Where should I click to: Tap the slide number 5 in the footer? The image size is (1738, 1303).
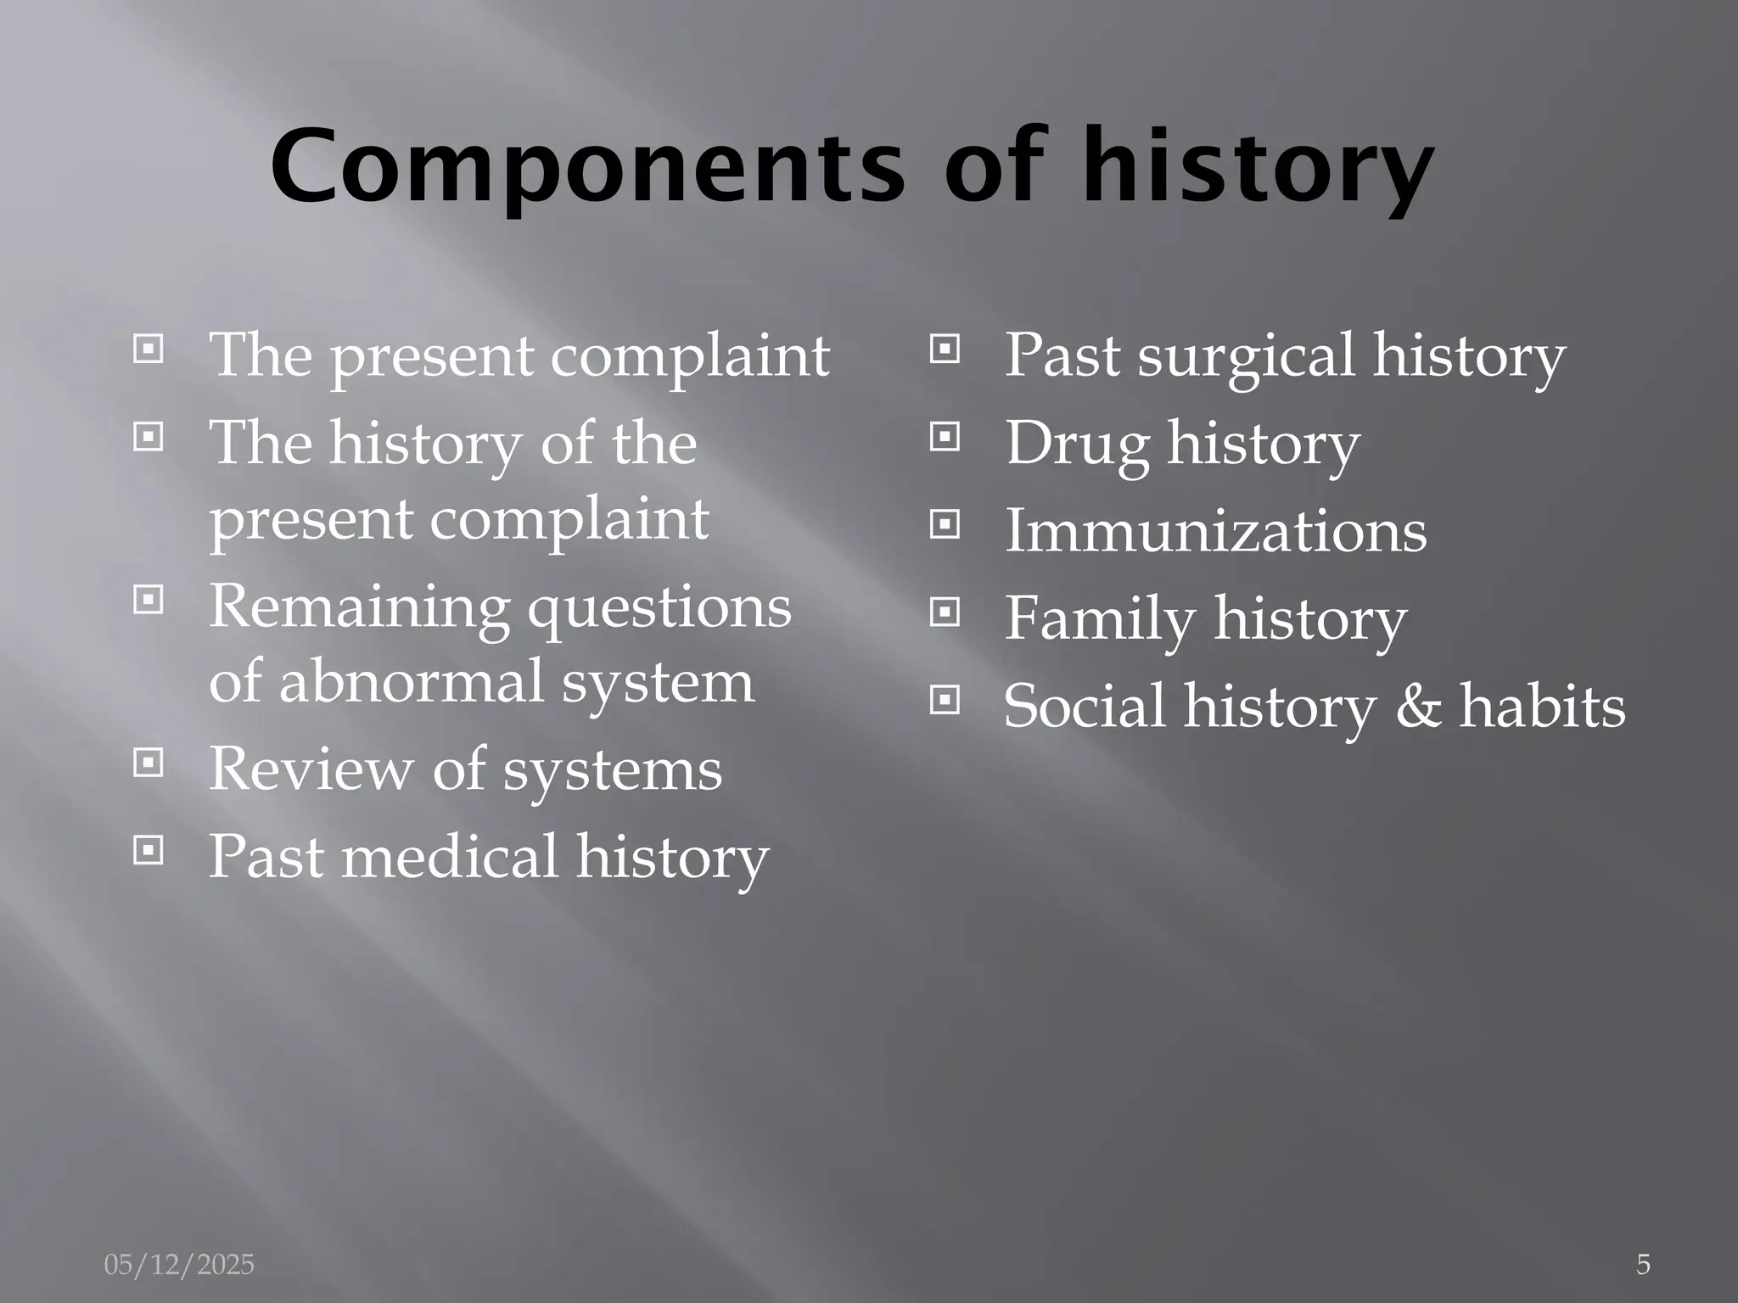(1643, 1265)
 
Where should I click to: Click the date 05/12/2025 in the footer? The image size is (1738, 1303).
(179, 1265)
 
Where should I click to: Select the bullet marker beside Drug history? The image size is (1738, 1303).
(945, 438)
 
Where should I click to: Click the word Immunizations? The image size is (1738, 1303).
(1215, 531)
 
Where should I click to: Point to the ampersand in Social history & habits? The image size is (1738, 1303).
(1418, 706)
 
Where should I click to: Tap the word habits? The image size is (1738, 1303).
(1542, 706)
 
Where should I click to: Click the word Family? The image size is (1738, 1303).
(1100, 618)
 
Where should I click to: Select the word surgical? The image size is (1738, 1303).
(1246, 355)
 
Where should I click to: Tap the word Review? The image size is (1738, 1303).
(311, 769)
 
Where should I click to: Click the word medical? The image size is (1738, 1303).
(449, 856)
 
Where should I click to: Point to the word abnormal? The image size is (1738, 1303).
(411, 681)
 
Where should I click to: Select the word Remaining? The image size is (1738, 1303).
(359, 607)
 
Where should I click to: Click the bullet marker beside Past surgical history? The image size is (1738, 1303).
(945, 350)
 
